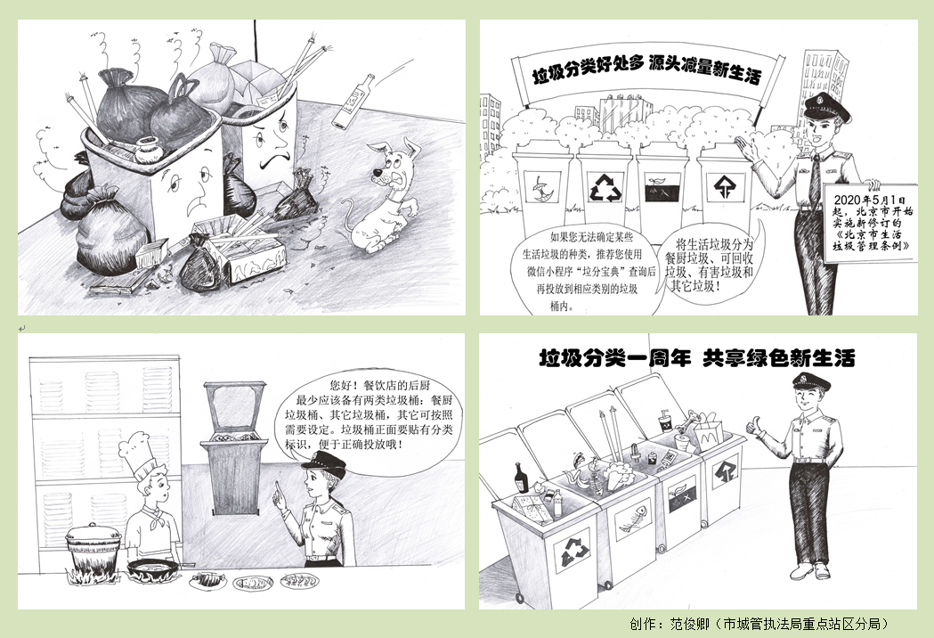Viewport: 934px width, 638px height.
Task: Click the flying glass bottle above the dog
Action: tap(353, 100)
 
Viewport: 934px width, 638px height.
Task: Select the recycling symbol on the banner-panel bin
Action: tap(604, 187)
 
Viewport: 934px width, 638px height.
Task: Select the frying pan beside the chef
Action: tap(155, 566)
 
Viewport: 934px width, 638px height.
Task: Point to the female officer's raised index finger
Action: tap(276, 487)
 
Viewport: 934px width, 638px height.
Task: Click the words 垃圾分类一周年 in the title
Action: tap(614, 358)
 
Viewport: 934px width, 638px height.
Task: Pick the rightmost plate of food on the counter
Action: tap(299, 582)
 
